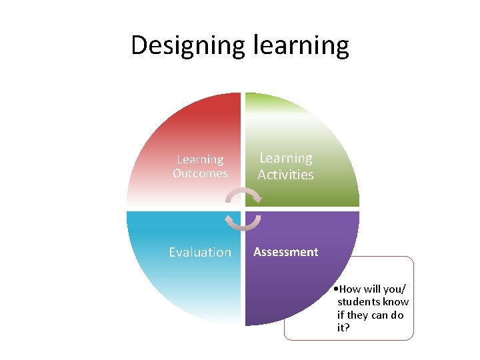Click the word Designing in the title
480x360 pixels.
(x=189, y=46)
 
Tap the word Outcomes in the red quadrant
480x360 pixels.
(x=200, y=173)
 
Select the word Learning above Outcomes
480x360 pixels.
(x=200, y=159)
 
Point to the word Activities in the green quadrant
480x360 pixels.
(x=285, y=175)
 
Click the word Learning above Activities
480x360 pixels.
(x=285, y=158)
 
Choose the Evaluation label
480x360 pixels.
(x=200, y=252)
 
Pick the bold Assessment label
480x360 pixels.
(x=285, y=252)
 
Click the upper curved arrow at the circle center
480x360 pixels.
(x=243, y=194)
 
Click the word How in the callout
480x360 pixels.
(x=351, y=289)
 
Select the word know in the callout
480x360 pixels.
(x=396, y=303)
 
